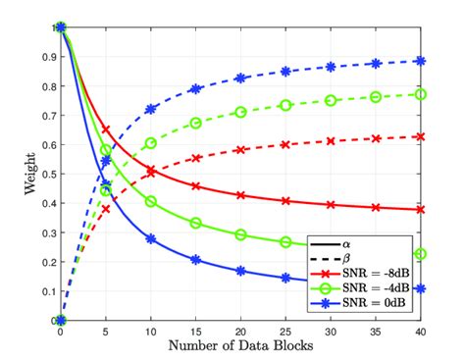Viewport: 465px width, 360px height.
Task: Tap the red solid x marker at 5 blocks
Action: tap(106, 129)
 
